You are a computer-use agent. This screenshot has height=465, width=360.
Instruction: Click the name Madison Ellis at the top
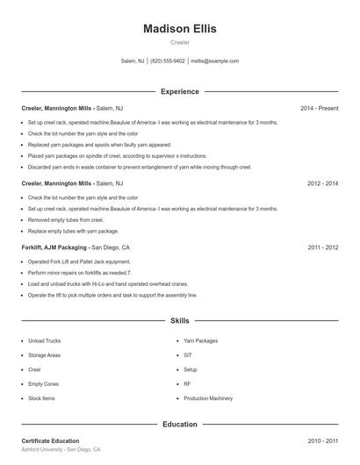[179, 29]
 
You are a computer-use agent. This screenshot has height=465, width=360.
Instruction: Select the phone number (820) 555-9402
[168, 61]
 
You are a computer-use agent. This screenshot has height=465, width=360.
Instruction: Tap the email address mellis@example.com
[214, 61]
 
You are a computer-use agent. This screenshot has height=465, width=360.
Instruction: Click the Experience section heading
[179, 91]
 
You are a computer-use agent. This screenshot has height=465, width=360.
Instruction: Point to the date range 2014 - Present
[319, 109]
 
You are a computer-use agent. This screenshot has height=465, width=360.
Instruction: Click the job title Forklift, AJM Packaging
[54, 248]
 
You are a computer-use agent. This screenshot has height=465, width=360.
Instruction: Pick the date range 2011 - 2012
[322, 248]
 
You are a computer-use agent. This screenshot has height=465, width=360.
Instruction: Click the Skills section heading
[179, 321]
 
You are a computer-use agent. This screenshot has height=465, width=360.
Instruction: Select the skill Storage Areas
[44, 355]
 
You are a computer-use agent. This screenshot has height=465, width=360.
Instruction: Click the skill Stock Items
[41, 398]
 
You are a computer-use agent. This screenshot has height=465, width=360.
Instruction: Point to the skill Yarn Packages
[201, 340]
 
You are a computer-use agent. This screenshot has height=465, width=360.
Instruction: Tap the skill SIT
[187, 355]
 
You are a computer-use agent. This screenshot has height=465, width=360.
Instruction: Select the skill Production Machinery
[208, 398]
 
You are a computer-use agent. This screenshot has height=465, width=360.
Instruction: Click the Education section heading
[179, 425]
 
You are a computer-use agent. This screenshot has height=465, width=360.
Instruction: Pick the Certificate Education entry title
[50, 441]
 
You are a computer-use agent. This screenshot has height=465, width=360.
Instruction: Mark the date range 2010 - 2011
[322, 441]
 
